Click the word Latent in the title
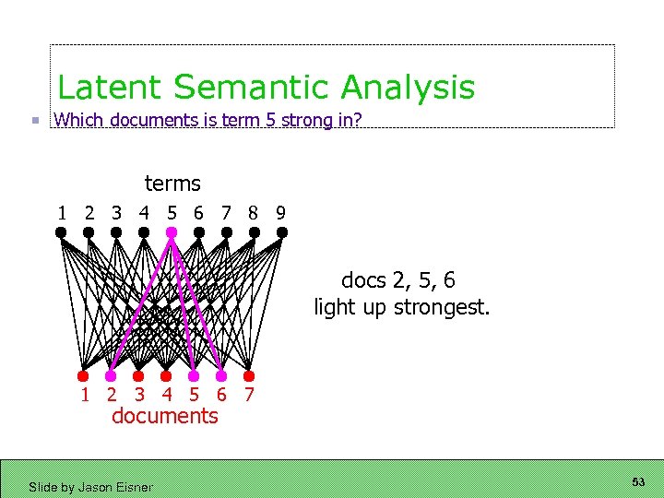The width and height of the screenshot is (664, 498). click(x=110, y=88)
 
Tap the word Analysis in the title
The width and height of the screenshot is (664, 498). click(x=408, y=89)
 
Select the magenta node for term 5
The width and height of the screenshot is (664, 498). click(x=172, y=233)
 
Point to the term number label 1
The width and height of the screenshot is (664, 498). click(x=62, y=212)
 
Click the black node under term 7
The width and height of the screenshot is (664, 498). click(x=226, y=233)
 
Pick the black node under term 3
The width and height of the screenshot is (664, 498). click(x=116, y=233)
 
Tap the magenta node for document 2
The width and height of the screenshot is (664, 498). click(x=111, y=375)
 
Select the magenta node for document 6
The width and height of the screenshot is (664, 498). click(x=221, y=375)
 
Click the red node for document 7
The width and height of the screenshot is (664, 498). click(x=249, y=375)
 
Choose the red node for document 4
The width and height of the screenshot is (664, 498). click(x=166, y=375)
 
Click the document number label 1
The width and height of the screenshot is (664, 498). click(x=85, y=395)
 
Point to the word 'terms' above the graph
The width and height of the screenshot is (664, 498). click(x=172, y=184)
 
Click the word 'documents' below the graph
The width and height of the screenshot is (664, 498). click(x=165, y=416)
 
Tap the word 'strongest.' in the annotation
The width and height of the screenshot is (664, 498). click(x=442, y=307)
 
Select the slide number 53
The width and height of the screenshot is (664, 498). click(x=638, y=482)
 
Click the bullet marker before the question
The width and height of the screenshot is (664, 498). click(x=34, y=120)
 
